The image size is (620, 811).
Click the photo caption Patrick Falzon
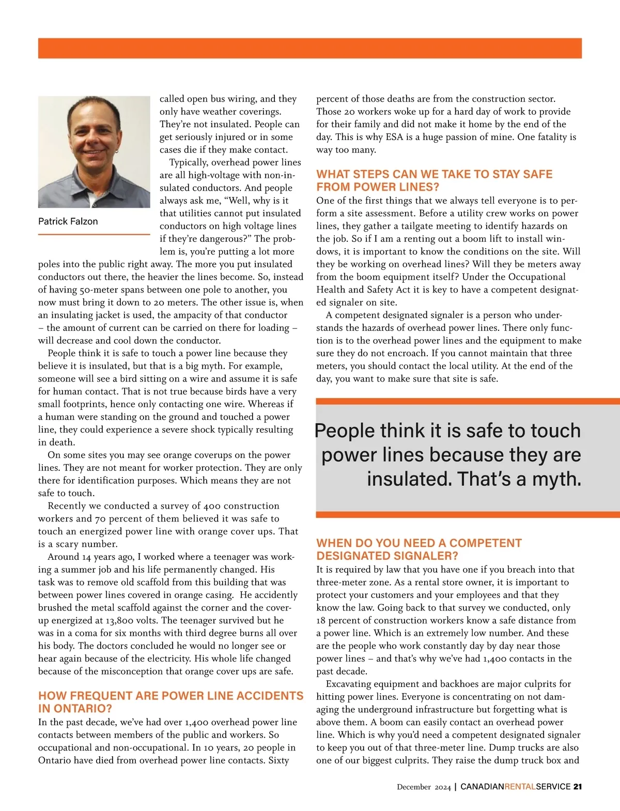68,221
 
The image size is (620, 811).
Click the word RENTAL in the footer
520,787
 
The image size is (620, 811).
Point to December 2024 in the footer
424,787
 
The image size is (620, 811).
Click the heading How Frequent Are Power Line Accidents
171,701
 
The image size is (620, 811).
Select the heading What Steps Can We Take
434,180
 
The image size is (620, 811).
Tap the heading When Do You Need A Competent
419,549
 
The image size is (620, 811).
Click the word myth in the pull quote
556,479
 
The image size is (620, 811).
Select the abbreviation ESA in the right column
394,137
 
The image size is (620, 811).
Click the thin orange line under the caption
94,235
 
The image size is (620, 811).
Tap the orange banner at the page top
310,48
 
